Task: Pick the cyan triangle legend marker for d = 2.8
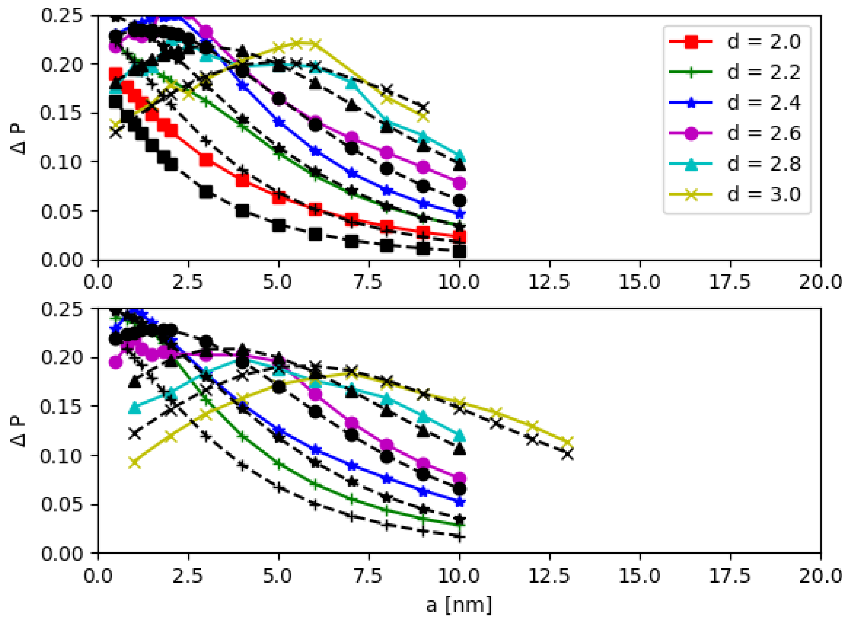691,164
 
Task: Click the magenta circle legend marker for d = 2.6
691,133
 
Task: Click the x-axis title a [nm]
459,605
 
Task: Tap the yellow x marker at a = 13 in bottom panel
568,442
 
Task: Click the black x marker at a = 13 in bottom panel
568,454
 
